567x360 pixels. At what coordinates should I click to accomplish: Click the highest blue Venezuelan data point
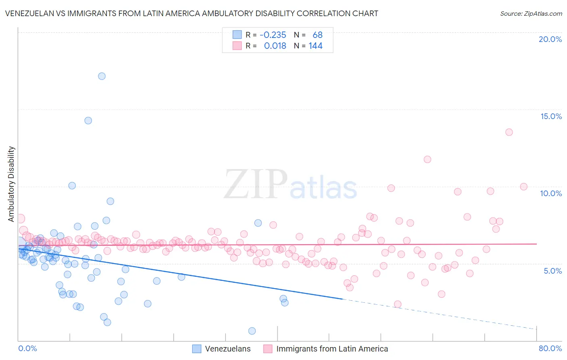[102, 76]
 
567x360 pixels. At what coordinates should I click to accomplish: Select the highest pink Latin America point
[509, 132]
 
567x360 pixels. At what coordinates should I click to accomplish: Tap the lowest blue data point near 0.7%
[252, 331]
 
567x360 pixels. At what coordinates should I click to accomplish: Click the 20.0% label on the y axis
[550, 39]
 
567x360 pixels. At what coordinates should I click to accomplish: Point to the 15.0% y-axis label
[551, 116]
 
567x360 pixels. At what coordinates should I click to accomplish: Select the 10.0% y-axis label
[551, 193]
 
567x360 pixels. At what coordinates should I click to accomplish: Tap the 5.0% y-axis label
[552, 271]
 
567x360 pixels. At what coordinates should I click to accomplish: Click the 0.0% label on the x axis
[27, 348]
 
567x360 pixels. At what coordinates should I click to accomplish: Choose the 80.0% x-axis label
[550, 348]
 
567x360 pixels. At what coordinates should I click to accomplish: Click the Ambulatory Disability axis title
[11, 184]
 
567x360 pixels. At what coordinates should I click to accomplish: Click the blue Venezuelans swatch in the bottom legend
[196, 349]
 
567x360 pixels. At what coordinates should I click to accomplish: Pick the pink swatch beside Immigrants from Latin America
[268, 349]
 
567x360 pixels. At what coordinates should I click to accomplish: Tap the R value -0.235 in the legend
[273, 35]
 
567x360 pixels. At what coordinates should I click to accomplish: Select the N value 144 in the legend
[315, 46]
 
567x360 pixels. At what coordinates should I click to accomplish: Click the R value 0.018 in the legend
[275, 46]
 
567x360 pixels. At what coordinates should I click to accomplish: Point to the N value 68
[317, 35]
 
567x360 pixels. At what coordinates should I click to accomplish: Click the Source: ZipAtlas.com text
[531, 14]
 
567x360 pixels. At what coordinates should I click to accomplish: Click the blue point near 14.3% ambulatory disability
[88, 121]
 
